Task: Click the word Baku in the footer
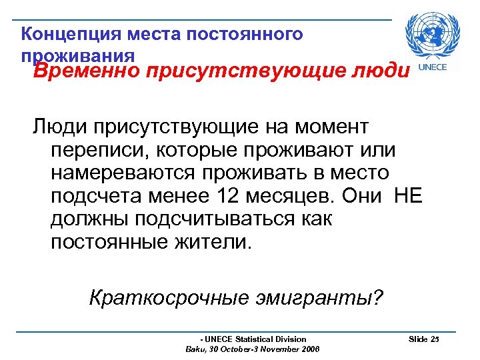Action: [x=194, y=349]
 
